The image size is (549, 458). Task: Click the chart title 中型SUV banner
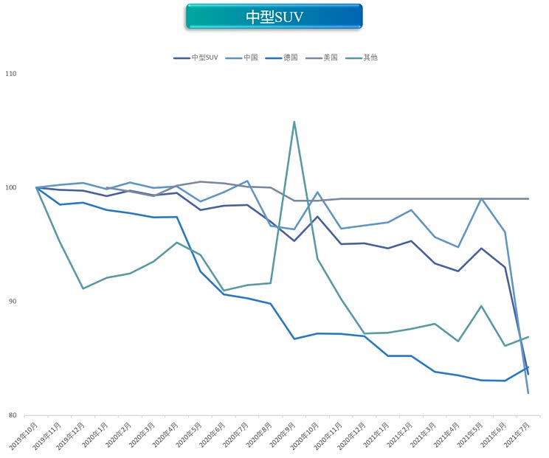[x=274, y=16]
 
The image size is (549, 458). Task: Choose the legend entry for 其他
[x=370, y=58]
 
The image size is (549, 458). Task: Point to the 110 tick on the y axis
[x=12, y=74]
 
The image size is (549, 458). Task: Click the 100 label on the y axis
[x=12, y=187]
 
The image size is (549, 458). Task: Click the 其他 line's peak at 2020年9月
[x=294, y=122]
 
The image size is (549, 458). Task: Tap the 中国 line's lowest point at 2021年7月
[x=528, y=393]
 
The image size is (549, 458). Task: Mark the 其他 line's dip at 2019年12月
[x=83, y=288]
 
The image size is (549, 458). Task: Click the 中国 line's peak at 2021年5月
[x=481, y=198]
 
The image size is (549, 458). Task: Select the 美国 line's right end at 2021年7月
[x=528, y=198]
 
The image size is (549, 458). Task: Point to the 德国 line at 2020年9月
[x=294, y=339]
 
